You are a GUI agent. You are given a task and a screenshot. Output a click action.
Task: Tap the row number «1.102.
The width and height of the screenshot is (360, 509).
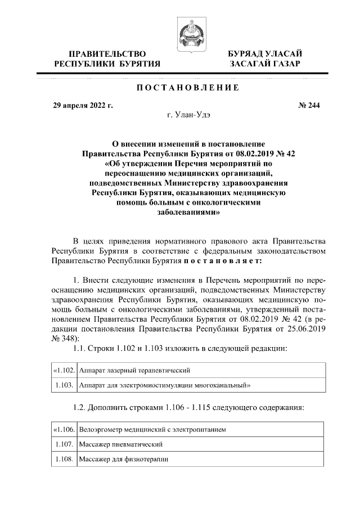64,371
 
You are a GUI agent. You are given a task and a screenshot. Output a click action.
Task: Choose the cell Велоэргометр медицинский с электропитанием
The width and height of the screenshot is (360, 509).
152,430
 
